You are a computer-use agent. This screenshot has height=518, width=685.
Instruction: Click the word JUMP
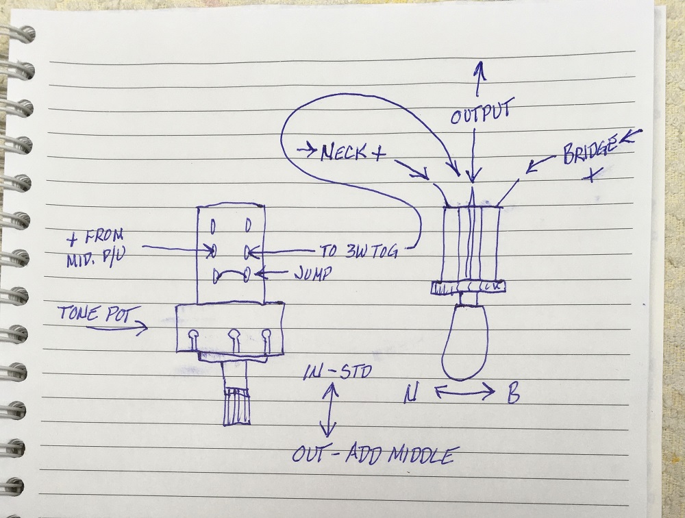(x=314, y=273)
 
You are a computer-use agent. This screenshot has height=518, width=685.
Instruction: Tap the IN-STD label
(x=338, y=374)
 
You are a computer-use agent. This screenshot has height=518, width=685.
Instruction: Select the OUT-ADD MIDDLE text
(x=373, y=456)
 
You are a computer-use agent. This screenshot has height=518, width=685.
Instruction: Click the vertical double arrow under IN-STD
(x=329, y=410)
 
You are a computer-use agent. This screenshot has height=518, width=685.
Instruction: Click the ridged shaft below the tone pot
(x=235, y=404)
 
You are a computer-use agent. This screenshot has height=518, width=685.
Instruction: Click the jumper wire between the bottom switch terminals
(x=229, y=274)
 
